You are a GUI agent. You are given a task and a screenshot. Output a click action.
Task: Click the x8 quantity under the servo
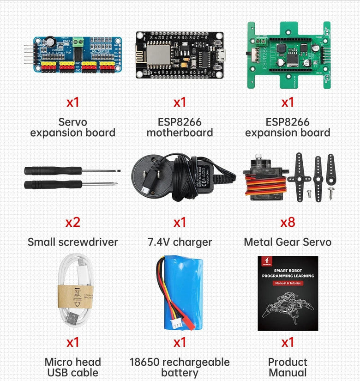click(x=288, y=222)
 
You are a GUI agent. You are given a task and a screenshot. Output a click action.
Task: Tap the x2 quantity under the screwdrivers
click(x=72, y=222)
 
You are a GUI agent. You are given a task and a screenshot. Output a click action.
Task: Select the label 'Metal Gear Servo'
click(x=288, y=242)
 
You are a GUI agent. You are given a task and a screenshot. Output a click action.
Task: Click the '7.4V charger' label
click(x=180, y=242)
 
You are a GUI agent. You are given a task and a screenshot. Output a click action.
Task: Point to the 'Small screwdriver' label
click(x=72, y=242)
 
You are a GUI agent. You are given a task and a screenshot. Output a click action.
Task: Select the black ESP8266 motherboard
click(x=180, y=54)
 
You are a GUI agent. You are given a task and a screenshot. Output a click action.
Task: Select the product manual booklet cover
click(x=288, y=294)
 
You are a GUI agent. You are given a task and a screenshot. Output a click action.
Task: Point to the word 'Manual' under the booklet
click(x=288, y=372)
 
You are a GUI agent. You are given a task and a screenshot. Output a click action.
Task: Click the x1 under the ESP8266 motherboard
click(x=180, y=102)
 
